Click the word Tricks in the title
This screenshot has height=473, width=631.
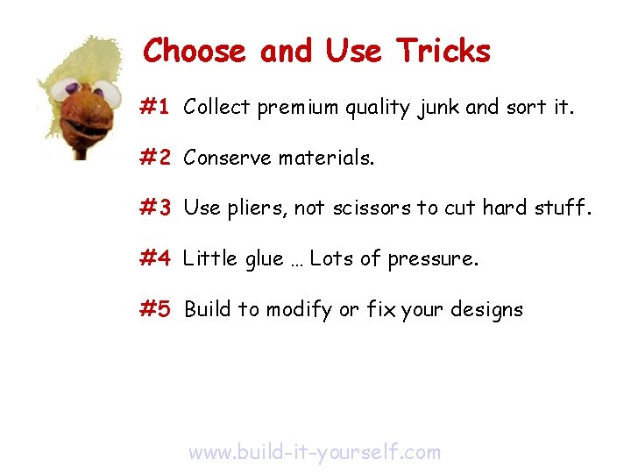point(443,51)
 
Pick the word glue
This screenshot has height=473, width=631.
point(260,259)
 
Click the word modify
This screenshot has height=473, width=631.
point(299,310)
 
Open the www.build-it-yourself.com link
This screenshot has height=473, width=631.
point(315,452)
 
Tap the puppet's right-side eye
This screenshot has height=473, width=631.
point(104,91)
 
